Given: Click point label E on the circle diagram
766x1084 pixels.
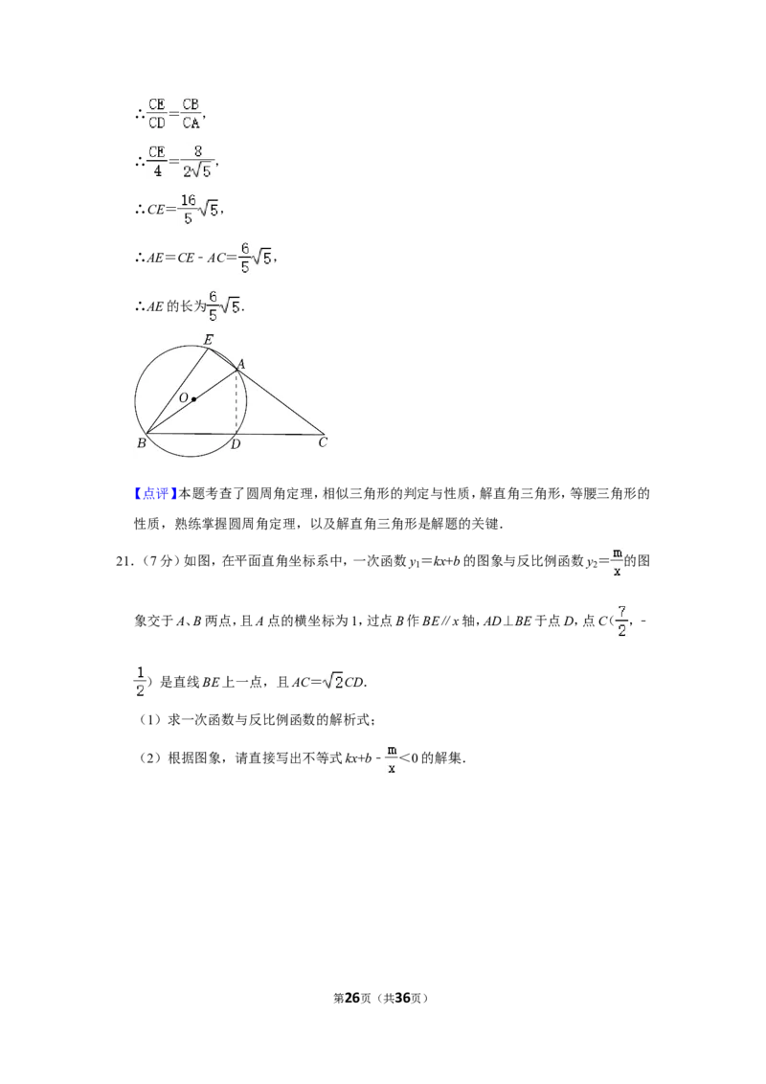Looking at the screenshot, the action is [x=208, y=339].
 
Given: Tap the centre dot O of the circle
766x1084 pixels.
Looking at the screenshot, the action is [x=193, y=399].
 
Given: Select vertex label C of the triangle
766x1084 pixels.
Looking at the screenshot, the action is [x=322, y=442].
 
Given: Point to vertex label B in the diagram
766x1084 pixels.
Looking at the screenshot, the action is [x=141, y=443].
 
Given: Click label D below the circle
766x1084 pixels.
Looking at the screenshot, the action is [x=236, y=443].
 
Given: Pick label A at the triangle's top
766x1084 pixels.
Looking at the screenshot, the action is [x=240, y=364].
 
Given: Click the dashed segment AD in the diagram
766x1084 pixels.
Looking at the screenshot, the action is [x=237, y=402].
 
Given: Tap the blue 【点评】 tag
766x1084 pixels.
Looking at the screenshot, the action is [x=152, y=493].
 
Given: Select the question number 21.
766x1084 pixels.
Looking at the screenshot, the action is [x=124, y=561].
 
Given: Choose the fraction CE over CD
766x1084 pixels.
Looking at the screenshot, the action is [x=157, y=113].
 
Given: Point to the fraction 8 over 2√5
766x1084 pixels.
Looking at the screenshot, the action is [x=197, y=161].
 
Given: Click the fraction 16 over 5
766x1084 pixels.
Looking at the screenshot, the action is [x=188, y=209].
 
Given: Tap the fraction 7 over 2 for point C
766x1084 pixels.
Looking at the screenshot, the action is [x=621, y=621].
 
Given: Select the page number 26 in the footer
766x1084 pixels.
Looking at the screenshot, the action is [x=352, y=998].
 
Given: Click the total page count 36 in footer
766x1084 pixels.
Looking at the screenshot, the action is [x=402, y=998].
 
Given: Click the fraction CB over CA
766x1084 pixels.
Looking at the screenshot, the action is [x=191, y=113].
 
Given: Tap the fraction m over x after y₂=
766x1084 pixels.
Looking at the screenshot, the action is [x=618, y=562].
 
